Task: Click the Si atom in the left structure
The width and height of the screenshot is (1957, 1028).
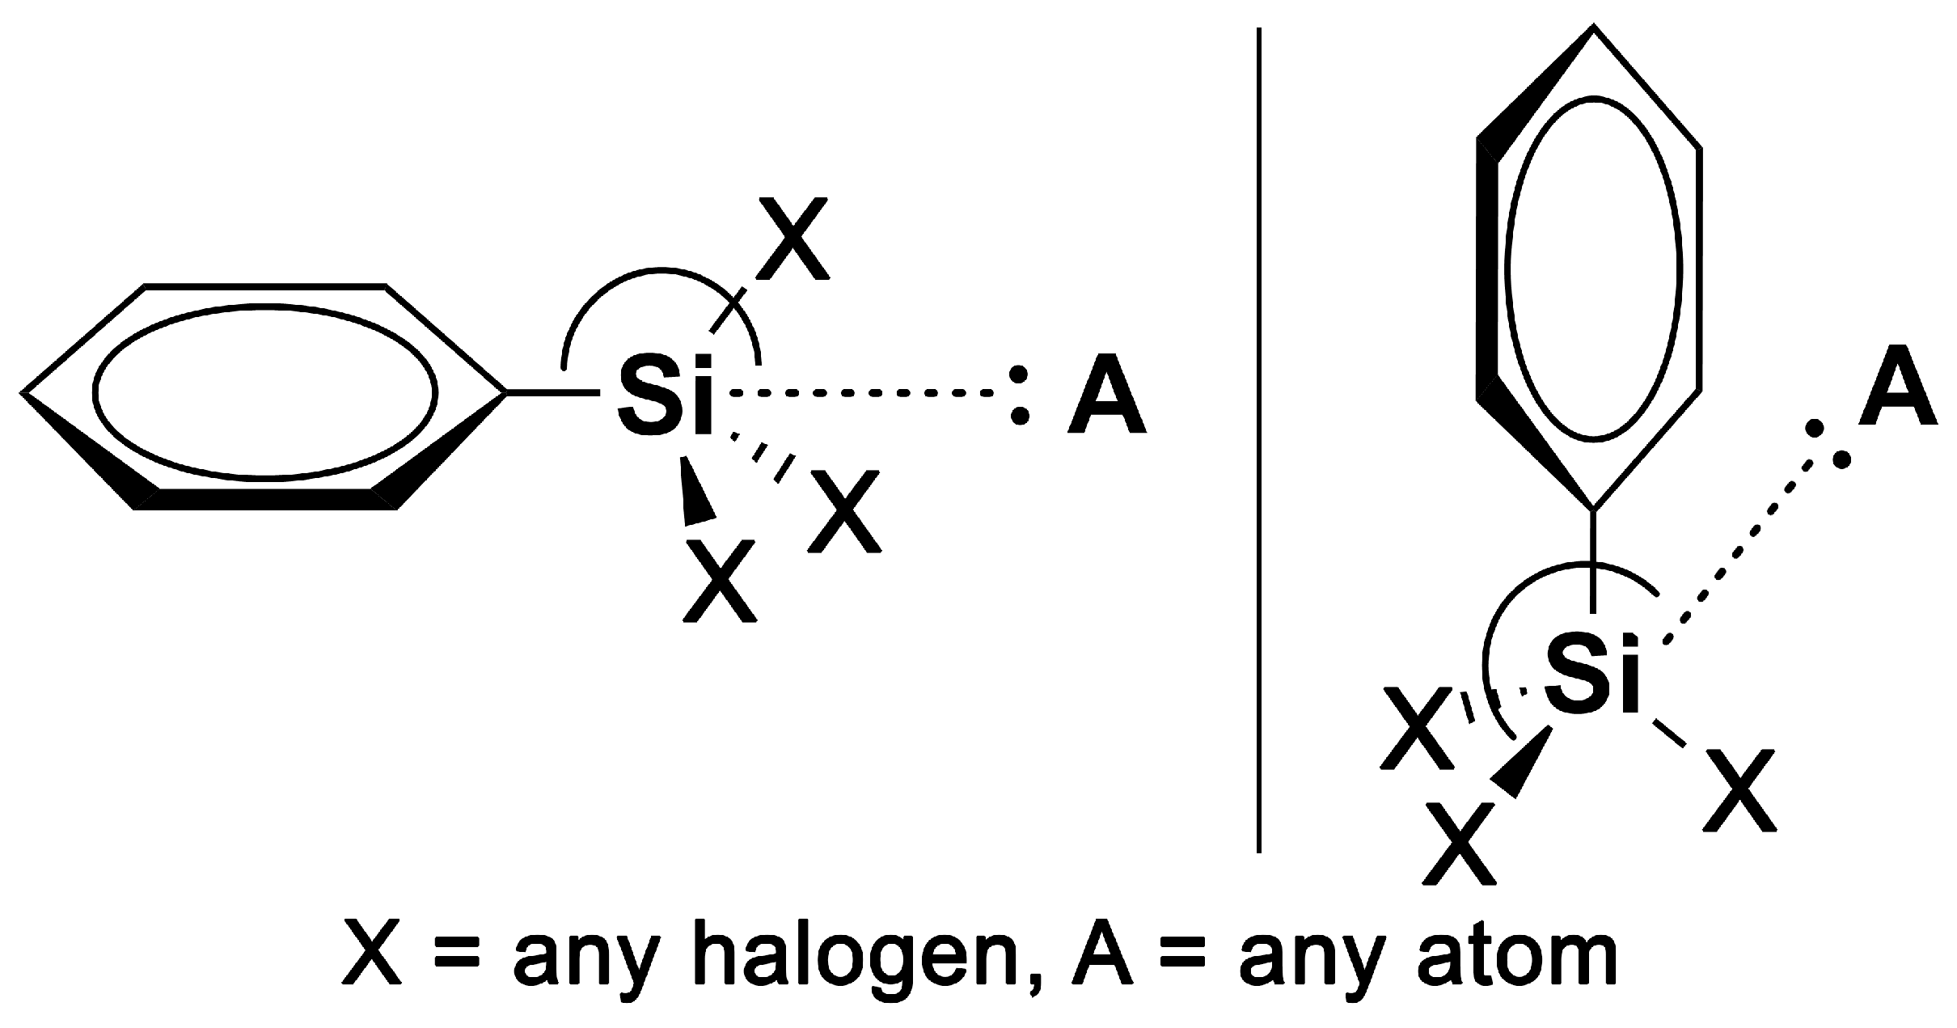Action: pos(665,394)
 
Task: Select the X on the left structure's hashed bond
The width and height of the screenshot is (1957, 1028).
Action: pos(844,511)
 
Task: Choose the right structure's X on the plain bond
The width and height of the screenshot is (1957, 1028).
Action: pos(1739,791)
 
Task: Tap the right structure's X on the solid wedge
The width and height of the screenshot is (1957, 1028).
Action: pos(1460,843)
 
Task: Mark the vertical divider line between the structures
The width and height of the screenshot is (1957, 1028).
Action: pos(1259,437)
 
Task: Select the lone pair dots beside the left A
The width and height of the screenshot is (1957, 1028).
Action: pos(1021,395)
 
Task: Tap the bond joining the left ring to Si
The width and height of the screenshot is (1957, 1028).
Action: pos(555,393)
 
